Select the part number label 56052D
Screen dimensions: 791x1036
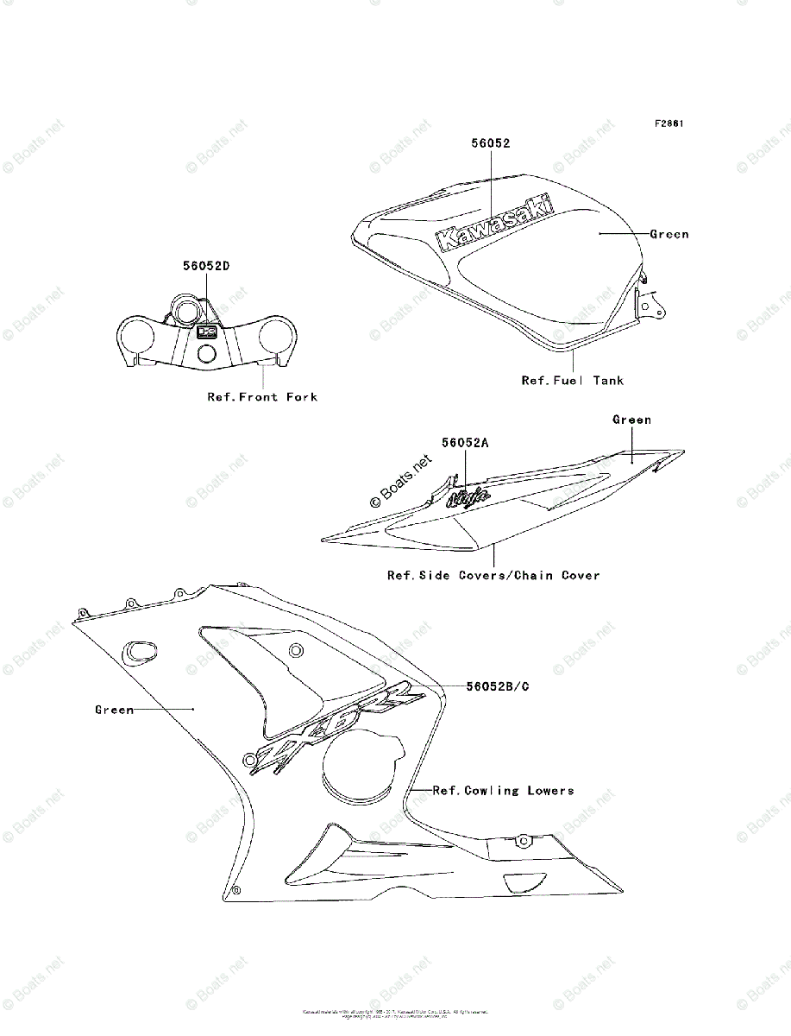point(205,266)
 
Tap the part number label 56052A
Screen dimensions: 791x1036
point(466,442)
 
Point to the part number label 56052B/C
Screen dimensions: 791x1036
point(498,686)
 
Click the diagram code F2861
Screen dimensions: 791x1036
point(669,123)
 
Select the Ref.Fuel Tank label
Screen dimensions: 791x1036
point(572,380)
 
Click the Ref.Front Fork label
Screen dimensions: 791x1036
point(262,397)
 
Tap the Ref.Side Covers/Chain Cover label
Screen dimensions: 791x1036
point(493,575)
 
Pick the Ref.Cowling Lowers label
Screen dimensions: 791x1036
point(503,790)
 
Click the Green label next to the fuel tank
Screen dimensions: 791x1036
point(669,234)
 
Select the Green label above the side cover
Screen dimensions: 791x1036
point(631,420)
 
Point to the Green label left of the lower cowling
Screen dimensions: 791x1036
point(115,710)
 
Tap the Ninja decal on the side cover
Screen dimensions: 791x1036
point(470,496)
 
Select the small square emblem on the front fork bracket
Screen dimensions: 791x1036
point(206,331)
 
